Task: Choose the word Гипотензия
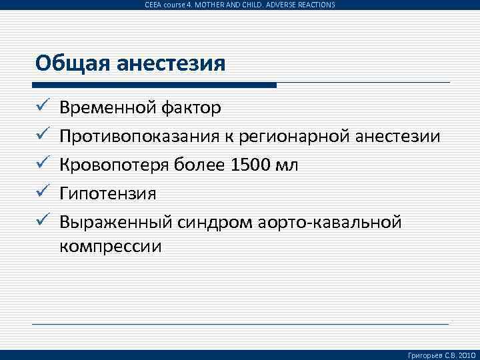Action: click(107, 194)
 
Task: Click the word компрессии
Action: click(111, 246)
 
